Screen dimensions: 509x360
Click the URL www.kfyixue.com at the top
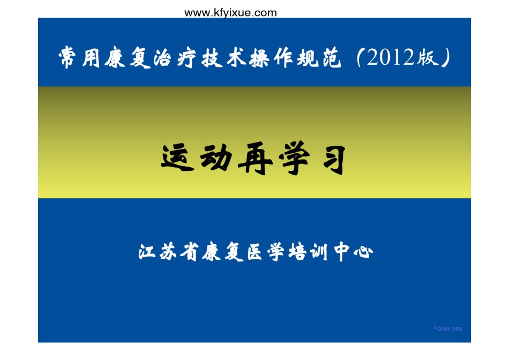coord(230,13)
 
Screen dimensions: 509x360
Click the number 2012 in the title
coord(391,57)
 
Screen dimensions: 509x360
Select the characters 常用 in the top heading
coord(79,57)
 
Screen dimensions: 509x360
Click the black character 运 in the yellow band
coord(177,157)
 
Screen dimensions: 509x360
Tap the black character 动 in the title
coord(215,157)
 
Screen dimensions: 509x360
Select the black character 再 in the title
coord(255,158)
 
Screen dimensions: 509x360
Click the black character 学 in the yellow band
coord(294,158)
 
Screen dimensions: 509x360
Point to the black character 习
coord(334,160)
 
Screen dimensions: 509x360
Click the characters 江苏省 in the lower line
coord(168,251)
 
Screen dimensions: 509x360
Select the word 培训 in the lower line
coord(308,252)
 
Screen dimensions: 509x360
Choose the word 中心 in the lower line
coord(353,252)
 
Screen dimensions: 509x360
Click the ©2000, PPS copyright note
coord(447,328)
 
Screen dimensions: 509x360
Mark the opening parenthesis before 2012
coord(359,57)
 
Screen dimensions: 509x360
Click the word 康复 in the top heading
coord(128,58)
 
